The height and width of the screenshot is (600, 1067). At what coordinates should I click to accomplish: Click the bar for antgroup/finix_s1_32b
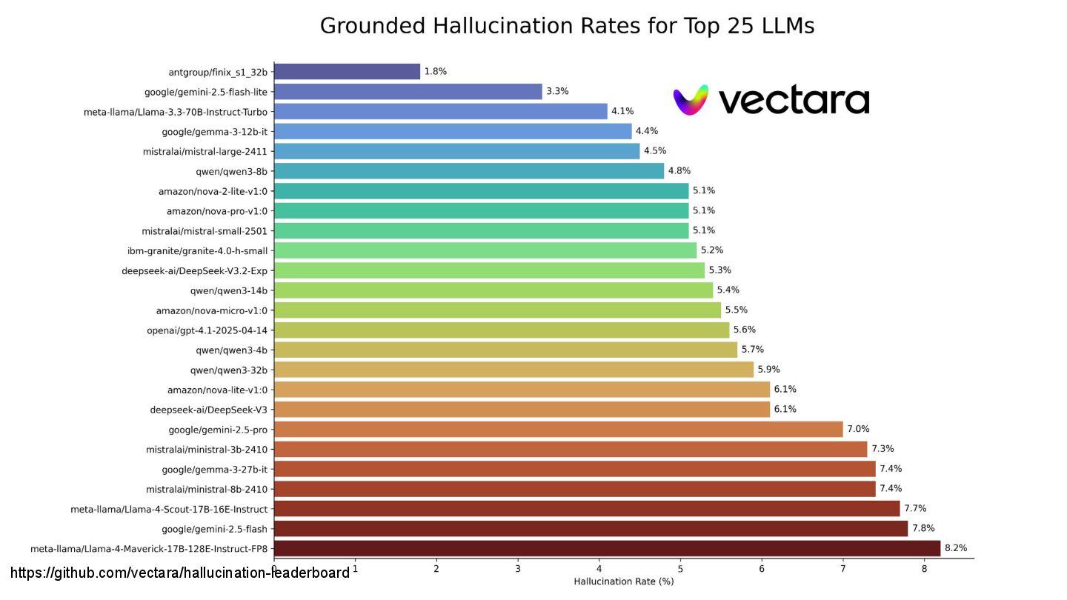[347, 72]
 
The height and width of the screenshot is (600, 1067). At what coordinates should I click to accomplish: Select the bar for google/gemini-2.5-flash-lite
[408, 92]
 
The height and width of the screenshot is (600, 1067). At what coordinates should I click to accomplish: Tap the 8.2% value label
[955, 548]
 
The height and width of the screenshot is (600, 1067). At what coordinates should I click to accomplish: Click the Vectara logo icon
[691, 100]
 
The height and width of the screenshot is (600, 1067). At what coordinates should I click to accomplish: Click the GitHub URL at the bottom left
[180, 573]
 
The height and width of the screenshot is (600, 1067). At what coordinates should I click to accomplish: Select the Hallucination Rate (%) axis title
[623, 581]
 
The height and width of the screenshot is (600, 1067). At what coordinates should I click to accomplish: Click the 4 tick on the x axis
[599, 569]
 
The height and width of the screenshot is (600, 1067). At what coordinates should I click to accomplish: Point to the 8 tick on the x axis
[924, 569]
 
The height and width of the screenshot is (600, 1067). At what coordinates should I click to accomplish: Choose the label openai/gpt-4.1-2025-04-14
[207, 330]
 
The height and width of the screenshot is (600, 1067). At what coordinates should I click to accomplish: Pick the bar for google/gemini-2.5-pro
[558, 429]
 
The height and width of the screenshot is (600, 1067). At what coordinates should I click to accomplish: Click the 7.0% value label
[858, 429]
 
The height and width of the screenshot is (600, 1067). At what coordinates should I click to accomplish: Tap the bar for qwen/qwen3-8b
[468, 171]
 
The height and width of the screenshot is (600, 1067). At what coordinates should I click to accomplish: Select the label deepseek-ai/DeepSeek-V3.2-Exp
[194, 270]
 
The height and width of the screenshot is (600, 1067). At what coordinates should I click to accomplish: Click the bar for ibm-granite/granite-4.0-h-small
[485, 250]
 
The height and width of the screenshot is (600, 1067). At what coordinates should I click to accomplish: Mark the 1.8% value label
[435, 72]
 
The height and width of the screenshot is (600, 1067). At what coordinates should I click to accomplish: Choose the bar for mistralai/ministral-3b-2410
[570, 449]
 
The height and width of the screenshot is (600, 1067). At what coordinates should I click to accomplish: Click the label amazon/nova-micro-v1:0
[211, 310]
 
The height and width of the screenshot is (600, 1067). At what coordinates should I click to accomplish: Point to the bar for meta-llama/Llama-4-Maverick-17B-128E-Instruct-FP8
[607, 548]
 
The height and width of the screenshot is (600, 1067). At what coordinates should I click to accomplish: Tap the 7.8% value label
[923, 528]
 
